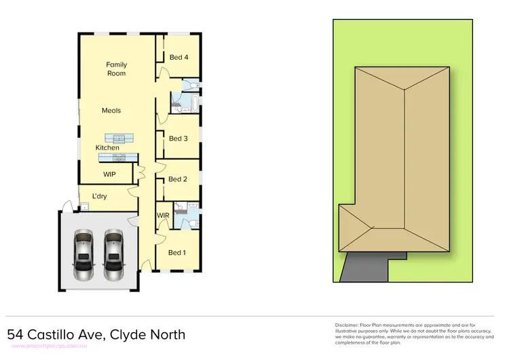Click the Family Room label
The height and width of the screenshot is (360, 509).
coord(116,69)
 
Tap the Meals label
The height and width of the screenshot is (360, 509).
coord(111,110)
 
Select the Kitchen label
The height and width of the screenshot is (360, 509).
coord(107,147)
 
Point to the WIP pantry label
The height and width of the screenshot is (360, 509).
coord(109,175)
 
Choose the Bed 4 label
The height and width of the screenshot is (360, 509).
coord(178,57)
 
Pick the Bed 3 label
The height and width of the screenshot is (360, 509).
coord(178,139)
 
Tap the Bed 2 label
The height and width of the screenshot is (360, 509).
coord(177,179)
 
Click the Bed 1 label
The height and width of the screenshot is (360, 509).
coord(176,253)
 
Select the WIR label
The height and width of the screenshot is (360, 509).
coord(163,215)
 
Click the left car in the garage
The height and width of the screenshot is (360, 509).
coord(84,255)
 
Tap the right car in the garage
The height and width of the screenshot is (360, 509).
coord(113,255)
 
